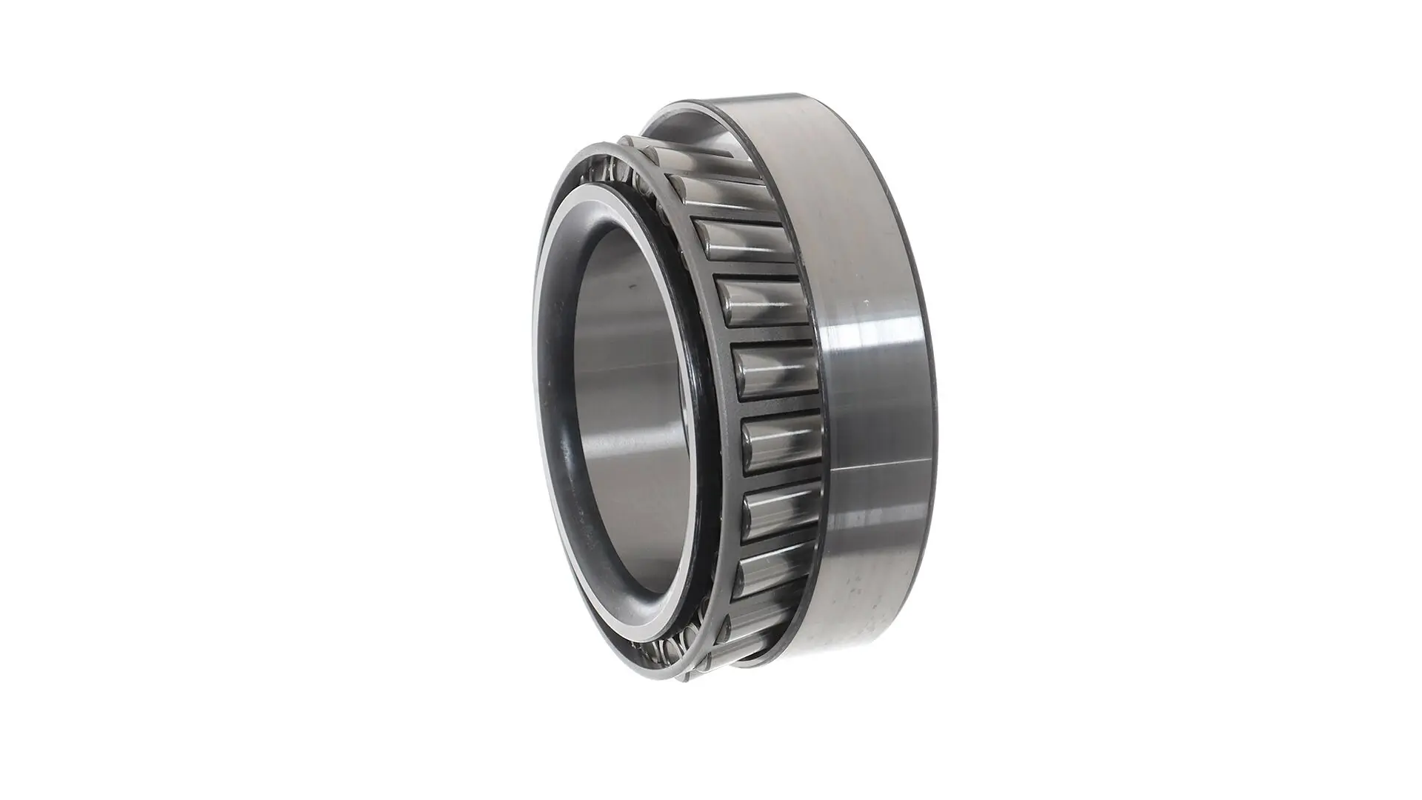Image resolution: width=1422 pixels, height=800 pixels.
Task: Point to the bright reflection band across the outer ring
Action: point(874,341)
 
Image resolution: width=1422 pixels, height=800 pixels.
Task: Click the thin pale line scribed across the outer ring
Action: point(878,467)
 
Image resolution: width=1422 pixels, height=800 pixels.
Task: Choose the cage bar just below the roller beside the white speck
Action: point(770,337)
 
